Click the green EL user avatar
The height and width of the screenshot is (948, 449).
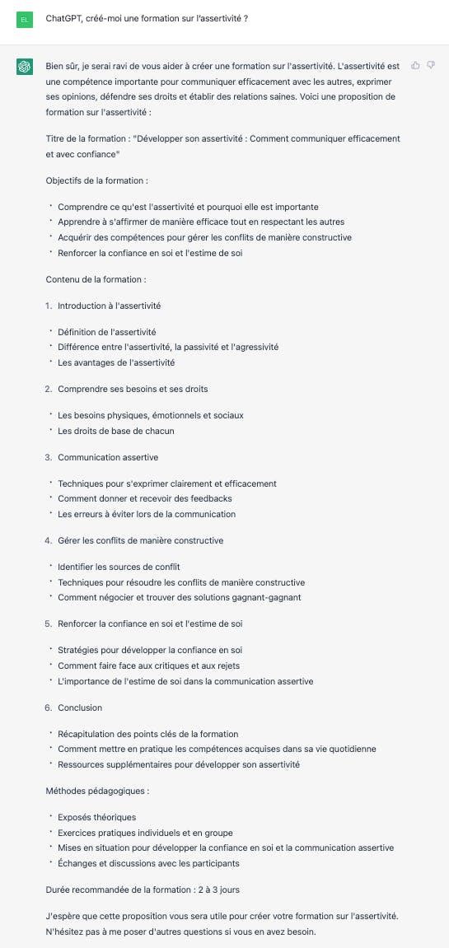[x=25, y=18]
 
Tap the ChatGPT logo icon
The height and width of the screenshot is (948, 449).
[x=25, y=67]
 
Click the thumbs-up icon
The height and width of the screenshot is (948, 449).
[x=415, y=65]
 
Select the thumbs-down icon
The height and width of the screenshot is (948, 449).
[x=431, y=65]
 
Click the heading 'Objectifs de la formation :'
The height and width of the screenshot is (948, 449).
[x=97, y=180]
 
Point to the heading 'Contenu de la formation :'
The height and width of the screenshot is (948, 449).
[x=96, y=279]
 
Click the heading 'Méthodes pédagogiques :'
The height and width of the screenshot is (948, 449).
[x=97, y=791]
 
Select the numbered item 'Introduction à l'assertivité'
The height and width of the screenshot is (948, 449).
[x=109, y=306]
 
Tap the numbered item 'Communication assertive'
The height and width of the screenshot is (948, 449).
[x=108, y=457]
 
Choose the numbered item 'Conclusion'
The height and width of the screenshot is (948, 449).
[x=80, y=707]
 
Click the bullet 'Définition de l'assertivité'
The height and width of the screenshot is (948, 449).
[x=107, y=332]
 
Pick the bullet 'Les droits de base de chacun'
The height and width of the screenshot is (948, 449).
[x=116, y=431]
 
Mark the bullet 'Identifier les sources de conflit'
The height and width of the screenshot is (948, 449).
[x=119, y=567]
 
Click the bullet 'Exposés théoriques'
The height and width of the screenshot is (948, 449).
[x=97, y=817]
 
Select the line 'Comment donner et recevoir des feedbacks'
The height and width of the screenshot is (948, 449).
[x=145, y=498]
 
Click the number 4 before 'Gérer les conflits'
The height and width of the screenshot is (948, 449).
[x=48, y=540]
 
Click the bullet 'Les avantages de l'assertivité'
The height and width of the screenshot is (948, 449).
[x=116, y=362]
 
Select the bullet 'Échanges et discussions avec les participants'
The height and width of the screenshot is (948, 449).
[x=148, y=863]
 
